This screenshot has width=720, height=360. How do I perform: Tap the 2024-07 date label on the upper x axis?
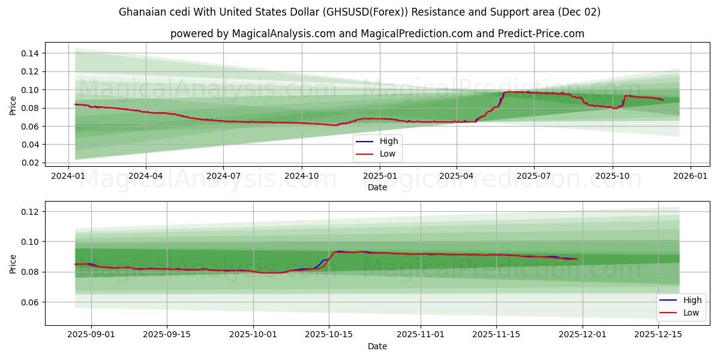coord(223,176)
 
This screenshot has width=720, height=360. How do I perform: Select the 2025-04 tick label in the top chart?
coord(456,176)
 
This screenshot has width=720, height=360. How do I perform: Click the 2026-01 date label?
coord(690,176)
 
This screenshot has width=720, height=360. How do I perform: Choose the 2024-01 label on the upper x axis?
coord(68,176)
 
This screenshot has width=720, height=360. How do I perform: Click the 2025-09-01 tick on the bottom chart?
coord(91,335)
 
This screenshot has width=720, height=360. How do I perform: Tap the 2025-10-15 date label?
coord(328,335)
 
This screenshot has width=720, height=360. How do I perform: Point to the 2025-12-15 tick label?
coord(658,335)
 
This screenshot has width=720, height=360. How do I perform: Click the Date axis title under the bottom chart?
coord(377,346)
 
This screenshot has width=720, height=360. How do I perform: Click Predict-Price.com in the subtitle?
coord(541,34)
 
